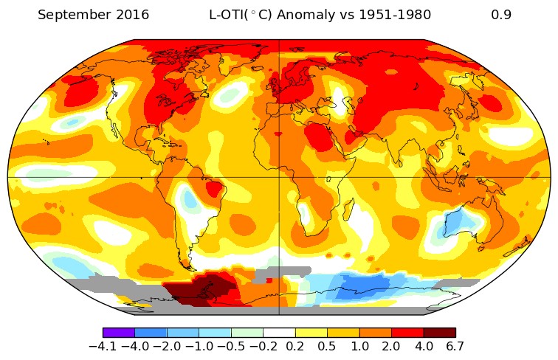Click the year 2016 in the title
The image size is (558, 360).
pyautogui.click(x=130, y=15)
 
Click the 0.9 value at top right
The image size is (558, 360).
pyautogui.click(x=501, y=15)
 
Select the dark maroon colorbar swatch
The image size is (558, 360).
pyautogui.click(x=439, y=333)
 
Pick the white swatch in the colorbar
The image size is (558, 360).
pyautogui.click(x=279, y=333)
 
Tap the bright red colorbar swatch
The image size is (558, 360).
pyautogui.click(x=407, y=333)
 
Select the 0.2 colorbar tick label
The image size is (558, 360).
pyautogui.click(x=295, y=347)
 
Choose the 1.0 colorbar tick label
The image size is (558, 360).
pyautogui.click(x=359, y=347)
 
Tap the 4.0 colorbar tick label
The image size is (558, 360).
pyautogui.click(x=424, y=347)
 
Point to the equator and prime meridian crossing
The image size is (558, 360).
pyautogui.click(x=279, y=177)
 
